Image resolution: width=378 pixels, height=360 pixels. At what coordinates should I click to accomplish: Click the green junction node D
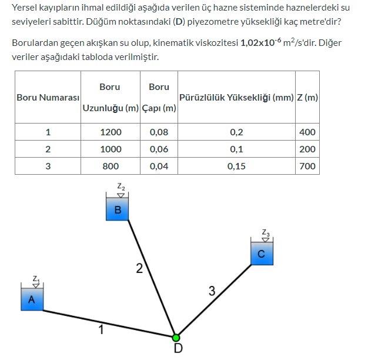(176, 338)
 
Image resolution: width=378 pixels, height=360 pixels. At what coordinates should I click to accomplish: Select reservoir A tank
(32, 299)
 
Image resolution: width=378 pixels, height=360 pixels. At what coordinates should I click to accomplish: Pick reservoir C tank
(262, 253)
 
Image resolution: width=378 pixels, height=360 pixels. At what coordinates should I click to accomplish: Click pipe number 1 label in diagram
(101, 330)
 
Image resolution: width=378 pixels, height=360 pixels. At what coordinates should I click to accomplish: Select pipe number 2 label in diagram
(139, 269)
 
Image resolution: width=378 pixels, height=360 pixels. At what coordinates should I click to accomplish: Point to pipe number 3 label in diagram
(212, 290)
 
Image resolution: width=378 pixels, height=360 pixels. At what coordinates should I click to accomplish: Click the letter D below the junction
(178, 349)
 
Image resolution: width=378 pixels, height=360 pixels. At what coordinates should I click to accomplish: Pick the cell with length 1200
(111, 132)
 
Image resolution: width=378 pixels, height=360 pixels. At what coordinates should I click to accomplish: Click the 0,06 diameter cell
(159, 149)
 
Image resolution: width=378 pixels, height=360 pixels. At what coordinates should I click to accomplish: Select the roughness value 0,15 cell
(236, 166)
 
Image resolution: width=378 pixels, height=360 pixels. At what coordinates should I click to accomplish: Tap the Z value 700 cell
(307, 166)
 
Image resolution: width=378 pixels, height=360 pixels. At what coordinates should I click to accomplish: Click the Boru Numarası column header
(48, 98)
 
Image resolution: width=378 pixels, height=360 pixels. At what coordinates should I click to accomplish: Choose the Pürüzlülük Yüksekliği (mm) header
(236, 98)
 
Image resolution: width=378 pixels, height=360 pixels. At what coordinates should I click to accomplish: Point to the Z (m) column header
(307, 98)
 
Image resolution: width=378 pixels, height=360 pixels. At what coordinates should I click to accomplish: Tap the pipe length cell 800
(111, 166)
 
